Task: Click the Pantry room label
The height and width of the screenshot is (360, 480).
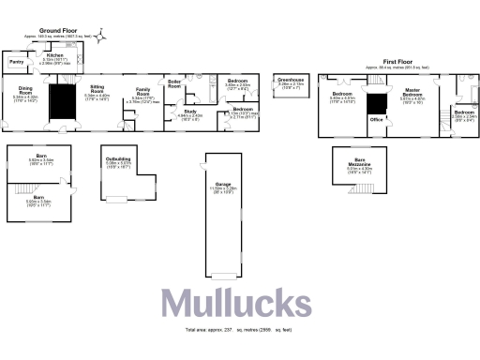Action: pos(16,62)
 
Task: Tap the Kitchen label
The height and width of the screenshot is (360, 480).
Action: pos(53,55)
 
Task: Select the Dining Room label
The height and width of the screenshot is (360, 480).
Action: pos(25,90)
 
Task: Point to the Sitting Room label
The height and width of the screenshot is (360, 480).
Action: pos(97,90)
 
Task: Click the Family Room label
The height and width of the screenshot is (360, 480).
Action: pos(142,94)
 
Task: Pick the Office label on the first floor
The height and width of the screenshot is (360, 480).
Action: pos(376,120)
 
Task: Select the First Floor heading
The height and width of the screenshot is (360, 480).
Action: pos(396,62)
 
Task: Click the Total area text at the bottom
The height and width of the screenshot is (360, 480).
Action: pos(239,331)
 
